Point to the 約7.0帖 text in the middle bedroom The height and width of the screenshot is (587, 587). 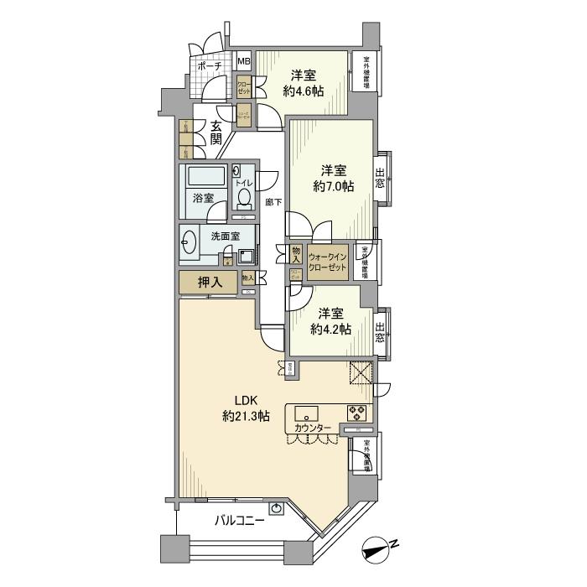333,186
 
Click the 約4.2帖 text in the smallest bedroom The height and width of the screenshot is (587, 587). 330,329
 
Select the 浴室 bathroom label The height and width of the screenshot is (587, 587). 204,199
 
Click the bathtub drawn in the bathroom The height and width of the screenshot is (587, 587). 205,178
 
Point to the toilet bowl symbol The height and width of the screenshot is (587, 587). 244,196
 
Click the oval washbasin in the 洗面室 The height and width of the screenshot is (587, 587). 188,242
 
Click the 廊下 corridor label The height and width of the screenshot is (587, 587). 273,202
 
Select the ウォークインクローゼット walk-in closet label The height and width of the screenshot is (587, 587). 327,262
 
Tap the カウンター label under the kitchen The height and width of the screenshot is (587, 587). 313,429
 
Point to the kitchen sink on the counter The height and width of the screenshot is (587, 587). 304,413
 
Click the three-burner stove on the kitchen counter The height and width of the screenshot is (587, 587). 356,413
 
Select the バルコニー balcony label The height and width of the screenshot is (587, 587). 237,520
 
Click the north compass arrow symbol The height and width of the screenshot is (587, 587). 377,551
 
